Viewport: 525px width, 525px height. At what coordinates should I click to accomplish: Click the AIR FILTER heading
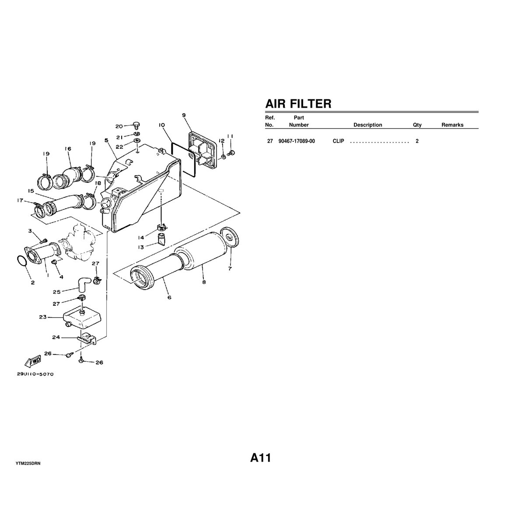[298, 104]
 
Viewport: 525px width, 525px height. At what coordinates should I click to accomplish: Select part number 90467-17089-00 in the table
[296, 141]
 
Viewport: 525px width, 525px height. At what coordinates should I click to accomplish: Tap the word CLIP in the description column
[338, 141]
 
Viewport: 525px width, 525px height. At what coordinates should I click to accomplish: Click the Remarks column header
[452, 125]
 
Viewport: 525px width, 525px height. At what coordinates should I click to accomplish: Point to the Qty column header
[417, 125]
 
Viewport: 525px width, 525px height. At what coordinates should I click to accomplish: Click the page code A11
[261, 458]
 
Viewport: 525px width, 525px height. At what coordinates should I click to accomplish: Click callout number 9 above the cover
[184, 115]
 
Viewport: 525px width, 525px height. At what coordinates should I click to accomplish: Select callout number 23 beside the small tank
[42, 318]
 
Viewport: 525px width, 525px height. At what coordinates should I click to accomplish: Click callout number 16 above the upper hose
[68, 149]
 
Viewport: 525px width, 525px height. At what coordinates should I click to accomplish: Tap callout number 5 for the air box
[106, 140]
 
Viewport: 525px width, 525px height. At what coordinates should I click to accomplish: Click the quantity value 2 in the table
[417, 141]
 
